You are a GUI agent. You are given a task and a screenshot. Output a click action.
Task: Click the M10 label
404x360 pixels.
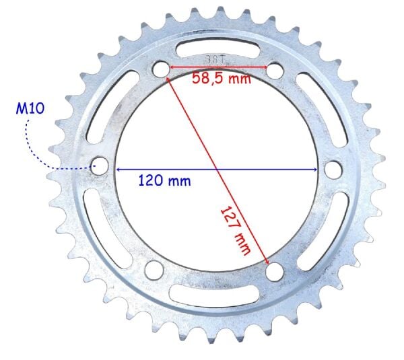click(x=30, y=108)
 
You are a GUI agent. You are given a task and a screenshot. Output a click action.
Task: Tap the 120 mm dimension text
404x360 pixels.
click(x=165, y=180)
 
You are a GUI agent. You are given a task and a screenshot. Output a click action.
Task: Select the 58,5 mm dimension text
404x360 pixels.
click(x=222, y=78)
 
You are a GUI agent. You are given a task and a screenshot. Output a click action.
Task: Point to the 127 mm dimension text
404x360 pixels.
click(x=236, y=231)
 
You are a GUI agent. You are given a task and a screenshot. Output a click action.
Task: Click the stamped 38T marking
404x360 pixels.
click(x=215, y=60)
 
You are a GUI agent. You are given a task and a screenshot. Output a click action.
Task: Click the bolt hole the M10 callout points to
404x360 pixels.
click(x=100, y=166)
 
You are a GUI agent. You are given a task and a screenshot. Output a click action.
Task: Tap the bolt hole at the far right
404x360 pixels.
click(x=333, y=169)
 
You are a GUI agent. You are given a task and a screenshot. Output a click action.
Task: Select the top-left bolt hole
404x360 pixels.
click(x=160, y=69)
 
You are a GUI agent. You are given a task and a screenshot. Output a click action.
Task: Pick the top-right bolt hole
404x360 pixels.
click(x=275, y=70)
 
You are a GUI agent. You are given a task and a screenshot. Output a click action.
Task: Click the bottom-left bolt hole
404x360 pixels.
click(x=154, y=269)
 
